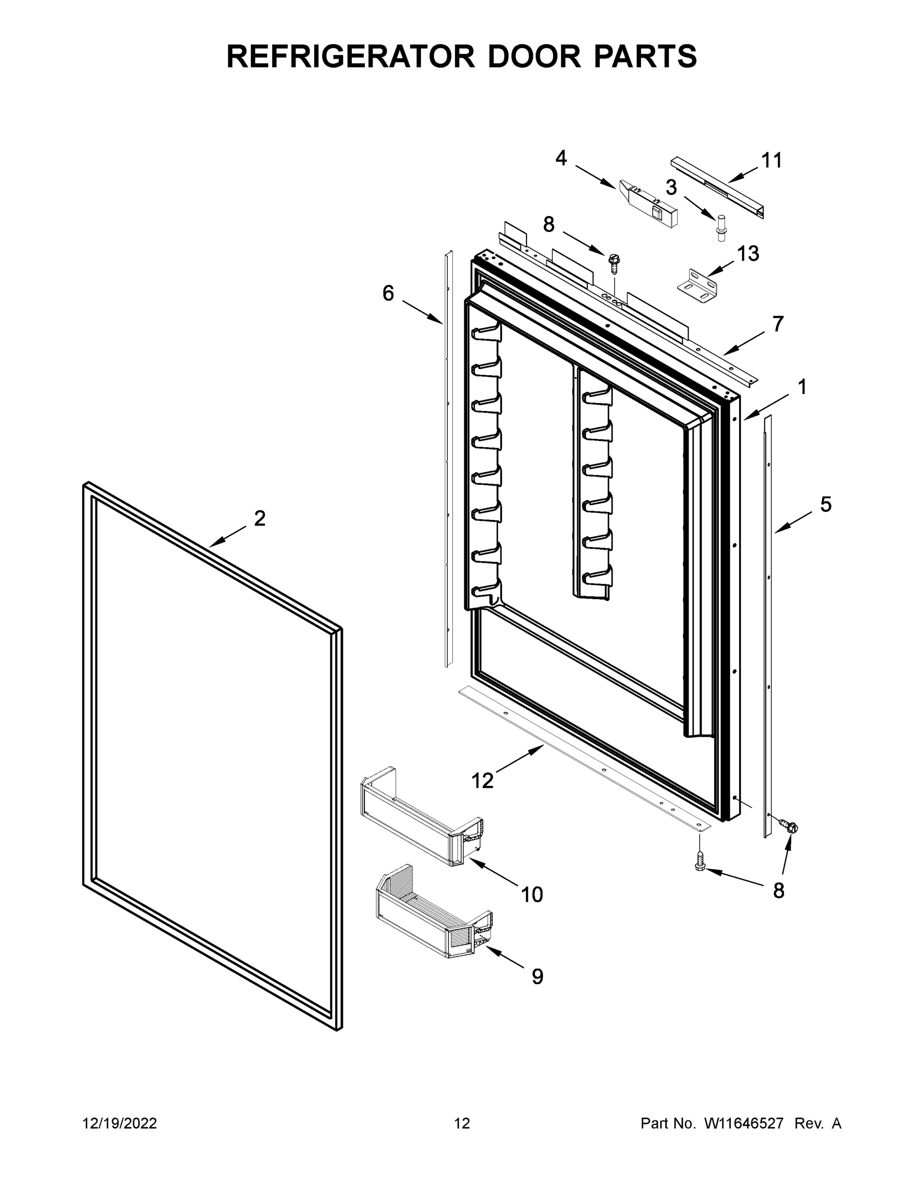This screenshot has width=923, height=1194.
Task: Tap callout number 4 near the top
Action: (561, 159)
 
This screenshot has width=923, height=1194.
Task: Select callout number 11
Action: (772, 161)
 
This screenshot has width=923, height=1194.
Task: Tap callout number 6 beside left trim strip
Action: (388, 294)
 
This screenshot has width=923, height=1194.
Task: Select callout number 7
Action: (778, 324)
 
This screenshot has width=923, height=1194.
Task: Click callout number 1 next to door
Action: (802, 387)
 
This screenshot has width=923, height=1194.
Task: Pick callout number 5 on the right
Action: (825, 504)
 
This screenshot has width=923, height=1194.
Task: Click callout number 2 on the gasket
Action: (260, 518)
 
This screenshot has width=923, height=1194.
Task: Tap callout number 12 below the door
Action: (482, 781)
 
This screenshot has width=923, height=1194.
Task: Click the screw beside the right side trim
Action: (789, 827)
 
